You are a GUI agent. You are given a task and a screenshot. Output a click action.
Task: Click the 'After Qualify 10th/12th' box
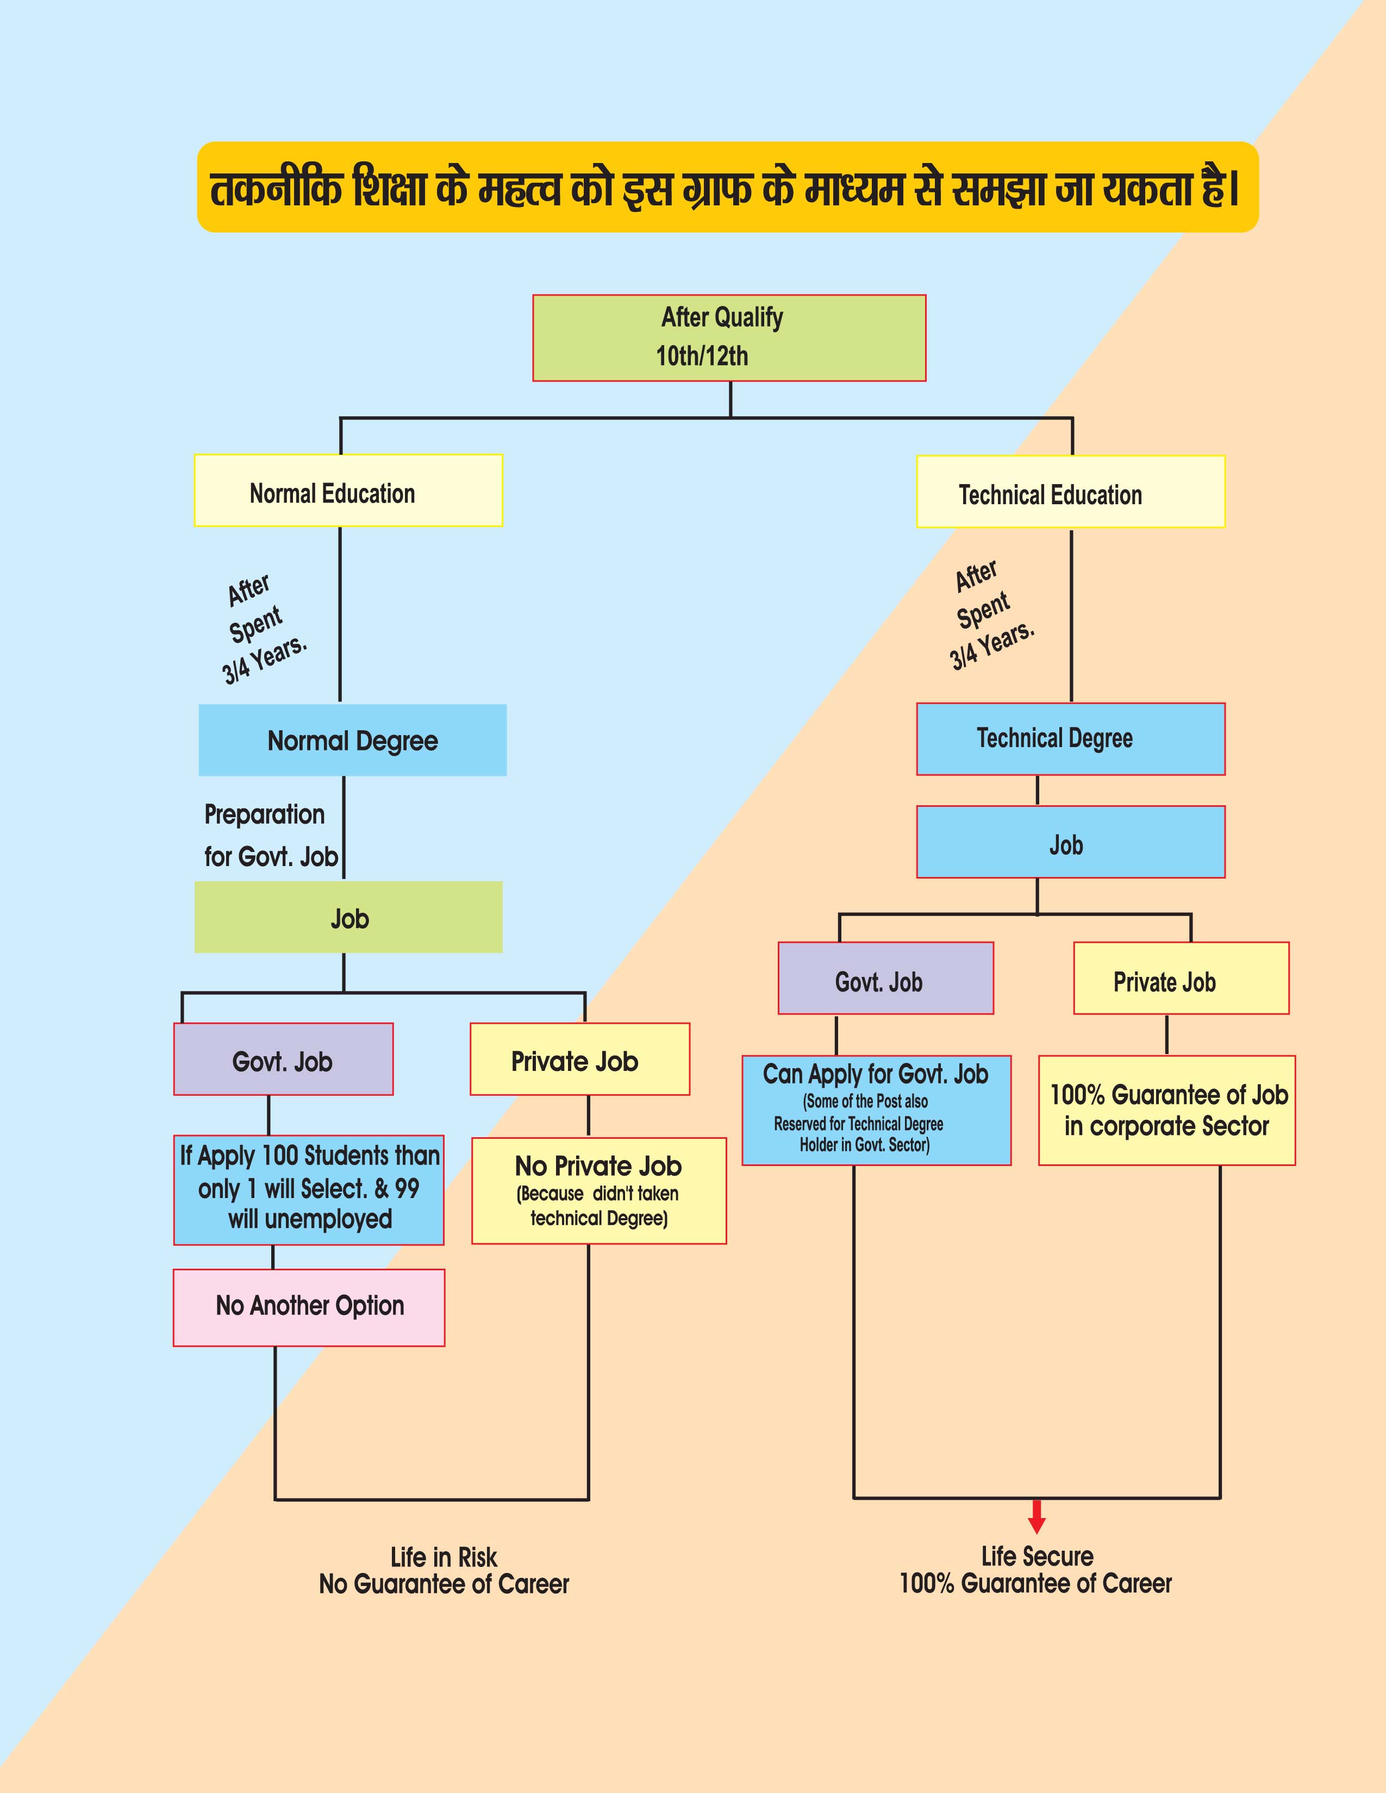(729, 337)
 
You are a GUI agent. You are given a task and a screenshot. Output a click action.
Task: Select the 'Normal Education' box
(348, 490)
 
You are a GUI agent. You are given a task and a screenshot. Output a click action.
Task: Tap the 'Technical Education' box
(1070, 492)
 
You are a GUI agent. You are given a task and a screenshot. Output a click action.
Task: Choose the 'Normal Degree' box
(352, 739)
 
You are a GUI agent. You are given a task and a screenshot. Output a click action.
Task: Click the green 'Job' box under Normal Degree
(348, 917)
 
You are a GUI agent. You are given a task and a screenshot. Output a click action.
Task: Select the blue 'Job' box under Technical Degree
(1070, 842)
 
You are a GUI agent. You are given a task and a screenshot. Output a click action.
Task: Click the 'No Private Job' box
(598, 1190)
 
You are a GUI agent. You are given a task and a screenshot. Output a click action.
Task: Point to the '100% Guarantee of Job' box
(1167, 1110)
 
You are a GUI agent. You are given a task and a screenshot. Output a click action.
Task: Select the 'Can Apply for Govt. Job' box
(876, 1110)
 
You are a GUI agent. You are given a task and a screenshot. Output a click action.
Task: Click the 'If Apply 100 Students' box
(309, 1189)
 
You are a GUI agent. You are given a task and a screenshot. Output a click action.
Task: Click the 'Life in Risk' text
(444, 1557)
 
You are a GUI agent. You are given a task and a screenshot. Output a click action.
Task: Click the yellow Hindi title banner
(727, 187)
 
